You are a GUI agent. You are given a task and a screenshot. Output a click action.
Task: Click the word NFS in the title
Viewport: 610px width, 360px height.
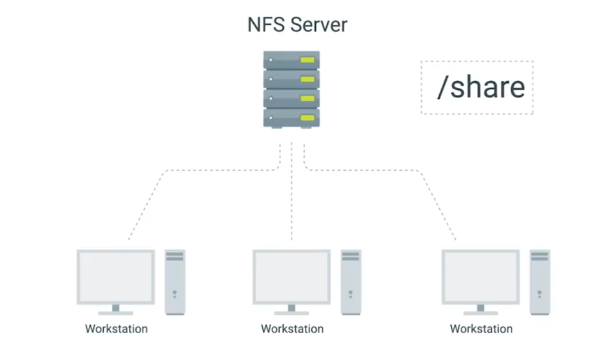coord(265,25)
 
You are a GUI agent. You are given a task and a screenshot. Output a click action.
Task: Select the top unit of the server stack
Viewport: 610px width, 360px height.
coord(291,60)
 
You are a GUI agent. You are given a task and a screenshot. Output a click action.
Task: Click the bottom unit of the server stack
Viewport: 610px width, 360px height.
coord(291,117)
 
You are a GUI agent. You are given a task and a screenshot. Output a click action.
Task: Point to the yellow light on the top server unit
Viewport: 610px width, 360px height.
coord(307,60)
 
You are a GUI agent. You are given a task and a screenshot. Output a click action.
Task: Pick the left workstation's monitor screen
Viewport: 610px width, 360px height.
coord(116,276)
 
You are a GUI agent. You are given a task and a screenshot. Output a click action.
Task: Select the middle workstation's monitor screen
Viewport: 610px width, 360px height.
coord(292,276)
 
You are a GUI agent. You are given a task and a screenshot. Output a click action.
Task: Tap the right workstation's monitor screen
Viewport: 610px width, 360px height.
coord(480,276)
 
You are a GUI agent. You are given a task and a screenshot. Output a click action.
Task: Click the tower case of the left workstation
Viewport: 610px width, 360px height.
coord(175,282)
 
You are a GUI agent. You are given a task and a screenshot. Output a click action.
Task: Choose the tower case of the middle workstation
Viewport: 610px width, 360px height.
coord(351,282)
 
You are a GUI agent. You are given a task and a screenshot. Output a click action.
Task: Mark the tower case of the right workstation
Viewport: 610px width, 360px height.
coord(540,282)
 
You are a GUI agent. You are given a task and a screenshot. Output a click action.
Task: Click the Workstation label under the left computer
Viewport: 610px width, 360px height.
coord(116,329)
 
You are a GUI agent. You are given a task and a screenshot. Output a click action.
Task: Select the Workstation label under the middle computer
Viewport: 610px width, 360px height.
coord(292,329)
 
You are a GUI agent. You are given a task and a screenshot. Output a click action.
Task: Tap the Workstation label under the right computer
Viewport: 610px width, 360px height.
coord(481,329)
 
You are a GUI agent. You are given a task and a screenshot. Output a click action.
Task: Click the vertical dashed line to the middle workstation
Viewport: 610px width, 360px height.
coord(292,200)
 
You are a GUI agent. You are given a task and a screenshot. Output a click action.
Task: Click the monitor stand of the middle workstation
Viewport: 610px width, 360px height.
coord(292,309)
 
